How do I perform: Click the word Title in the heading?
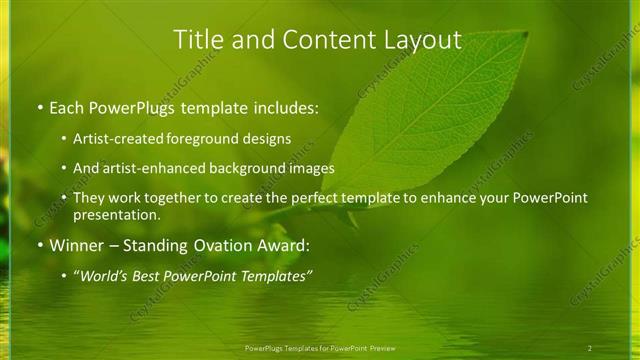pos(198,40)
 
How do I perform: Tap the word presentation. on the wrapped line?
pos(116,215)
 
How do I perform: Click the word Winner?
pos(76,245)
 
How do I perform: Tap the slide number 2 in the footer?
pos(589,348)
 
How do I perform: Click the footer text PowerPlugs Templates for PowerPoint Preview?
pos(319,348)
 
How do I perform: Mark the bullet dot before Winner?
pos(39,245)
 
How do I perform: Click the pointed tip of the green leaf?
pos(526,32)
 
